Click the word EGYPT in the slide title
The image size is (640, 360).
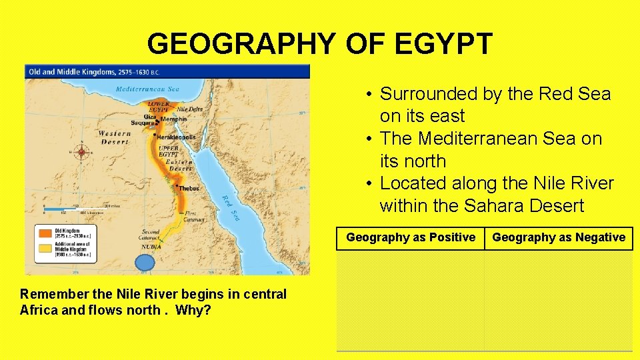tap(443, 44)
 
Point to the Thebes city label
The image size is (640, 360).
tap(189, 189)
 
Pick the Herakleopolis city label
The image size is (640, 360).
tap(177, 137)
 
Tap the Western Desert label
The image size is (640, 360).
tap(115, 137)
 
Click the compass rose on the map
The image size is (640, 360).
tap(82, 152)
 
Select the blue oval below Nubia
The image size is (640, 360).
tap(144, 263)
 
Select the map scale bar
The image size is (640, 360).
tap(77, 209)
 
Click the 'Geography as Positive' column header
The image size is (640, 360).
tap(411, 237)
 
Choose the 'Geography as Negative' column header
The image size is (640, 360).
tap(559, 237)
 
